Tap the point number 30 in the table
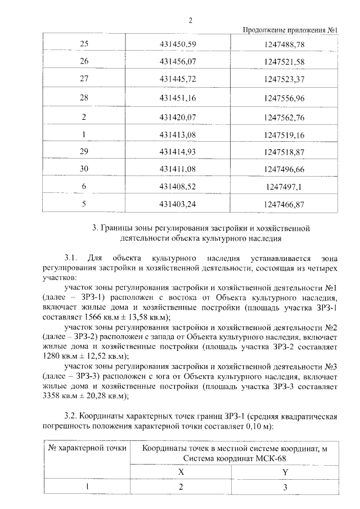84,169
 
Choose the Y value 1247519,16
283,135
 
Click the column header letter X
181,472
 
